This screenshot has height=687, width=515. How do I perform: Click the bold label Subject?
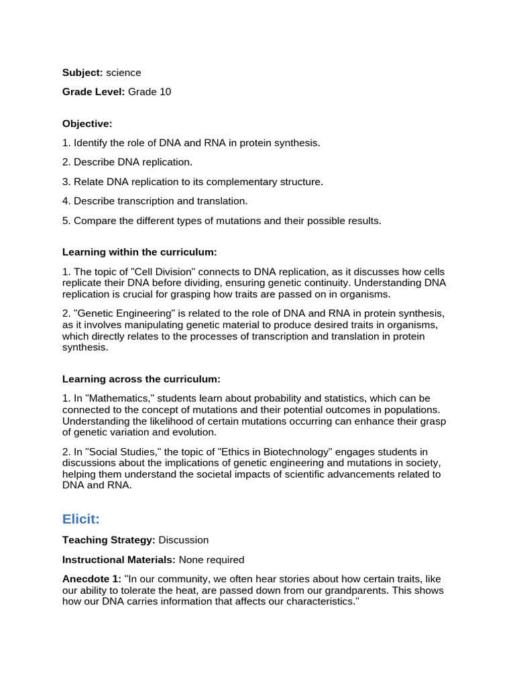[x=82, y=72]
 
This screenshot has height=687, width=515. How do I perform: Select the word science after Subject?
[x=123, y=72]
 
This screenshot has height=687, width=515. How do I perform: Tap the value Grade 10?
[x=150, y=92]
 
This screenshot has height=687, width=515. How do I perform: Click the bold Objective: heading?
[x=87, y=123]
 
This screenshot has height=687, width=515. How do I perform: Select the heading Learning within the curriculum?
[x=139, y=252]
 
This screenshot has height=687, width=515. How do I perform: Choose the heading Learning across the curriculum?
[x=141, y=379]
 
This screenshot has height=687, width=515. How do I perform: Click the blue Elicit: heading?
[x=81, y=519]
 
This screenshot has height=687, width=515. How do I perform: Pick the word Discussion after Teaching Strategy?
[x=184, y=540]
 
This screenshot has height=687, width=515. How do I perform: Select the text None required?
[x=211, y=560]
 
